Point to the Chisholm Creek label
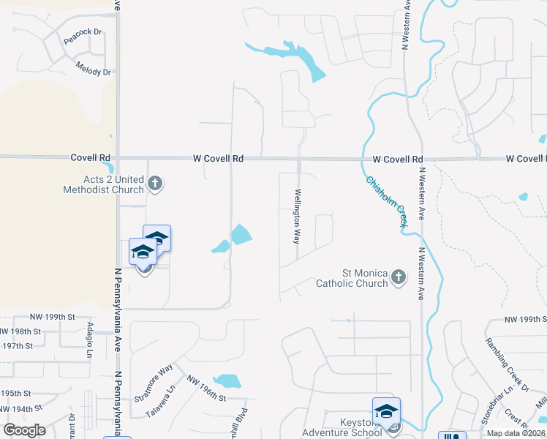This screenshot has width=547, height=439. coord(386,203)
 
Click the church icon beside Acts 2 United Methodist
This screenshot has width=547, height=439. coord(154,182)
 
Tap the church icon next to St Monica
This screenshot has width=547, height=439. coord(398,277)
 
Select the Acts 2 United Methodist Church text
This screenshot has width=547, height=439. coord(103,185)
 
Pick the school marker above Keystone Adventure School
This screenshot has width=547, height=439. coord(386,412)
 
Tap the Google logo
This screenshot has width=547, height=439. coord(24,429)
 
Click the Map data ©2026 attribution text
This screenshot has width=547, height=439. coord(516,433)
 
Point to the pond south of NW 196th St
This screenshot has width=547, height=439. coord(228,381)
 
